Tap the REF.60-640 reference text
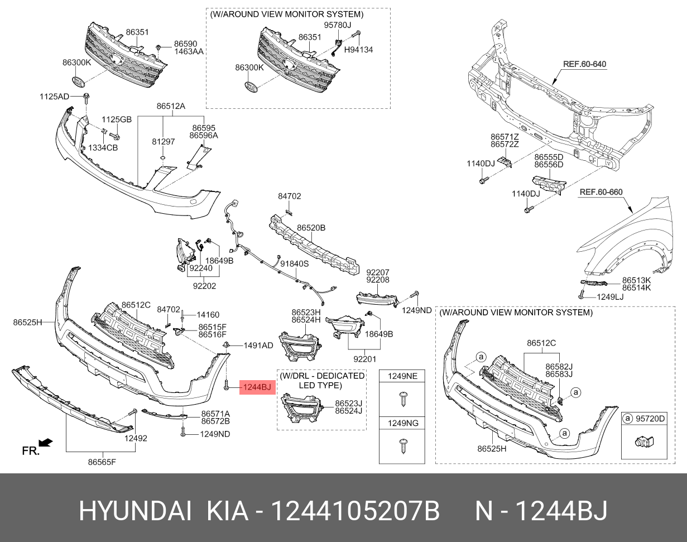point(584,64)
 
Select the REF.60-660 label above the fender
point(600,193)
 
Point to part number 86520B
point(311,228)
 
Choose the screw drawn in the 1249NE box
point(402,398)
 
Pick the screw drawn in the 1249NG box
point(402,445)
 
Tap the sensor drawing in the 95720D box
point(643,443)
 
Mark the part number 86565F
point(103,462)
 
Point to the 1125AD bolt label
point(54,97)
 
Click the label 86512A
point(171,106)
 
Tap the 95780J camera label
point(338,26)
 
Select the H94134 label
point(358,50)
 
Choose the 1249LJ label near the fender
point(611,297)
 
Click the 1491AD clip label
point(258,346)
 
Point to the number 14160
point(208,315)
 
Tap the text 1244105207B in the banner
point(355,511)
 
